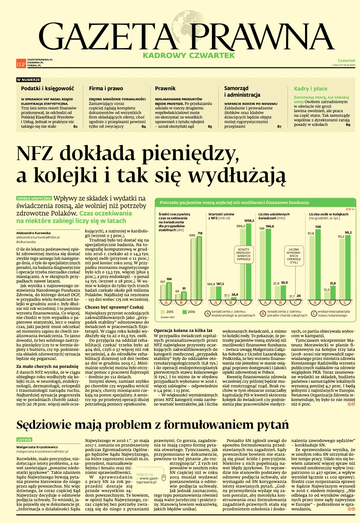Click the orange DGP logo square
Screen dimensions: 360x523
(x=21, y=63)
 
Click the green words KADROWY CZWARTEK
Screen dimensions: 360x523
(x=189, y=56)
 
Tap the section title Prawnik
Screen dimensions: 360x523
(x=165, y=88)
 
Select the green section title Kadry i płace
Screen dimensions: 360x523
(x=310, y=89)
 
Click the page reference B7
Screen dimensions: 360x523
(x=279, y=126)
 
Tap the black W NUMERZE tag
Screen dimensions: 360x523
(x=28, y=80)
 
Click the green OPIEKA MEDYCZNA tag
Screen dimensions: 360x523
(x=34, y=198)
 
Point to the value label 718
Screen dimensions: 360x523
(x=200, y=233)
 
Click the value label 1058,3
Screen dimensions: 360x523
(x=249, y=221)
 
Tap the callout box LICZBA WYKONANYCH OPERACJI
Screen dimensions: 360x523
(x=294, y=256)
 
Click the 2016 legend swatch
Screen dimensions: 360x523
(x=184, y=312)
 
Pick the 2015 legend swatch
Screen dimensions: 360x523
(x=163, y=312)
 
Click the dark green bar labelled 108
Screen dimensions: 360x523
(x=318, y=264)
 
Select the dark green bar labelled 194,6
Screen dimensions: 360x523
(x=268, y=264)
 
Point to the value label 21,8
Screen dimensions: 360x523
(x=333, y=284)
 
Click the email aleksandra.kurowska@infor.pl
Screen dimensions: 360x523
(x=38, y=237)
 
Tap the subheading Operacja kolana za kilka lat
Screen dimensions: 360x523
(x=183, y=330)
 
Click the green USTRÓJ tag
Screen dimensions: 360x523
(x=24, y=440)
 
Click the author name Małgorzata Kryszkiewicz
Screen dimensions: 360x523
(x=37, y=447)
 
